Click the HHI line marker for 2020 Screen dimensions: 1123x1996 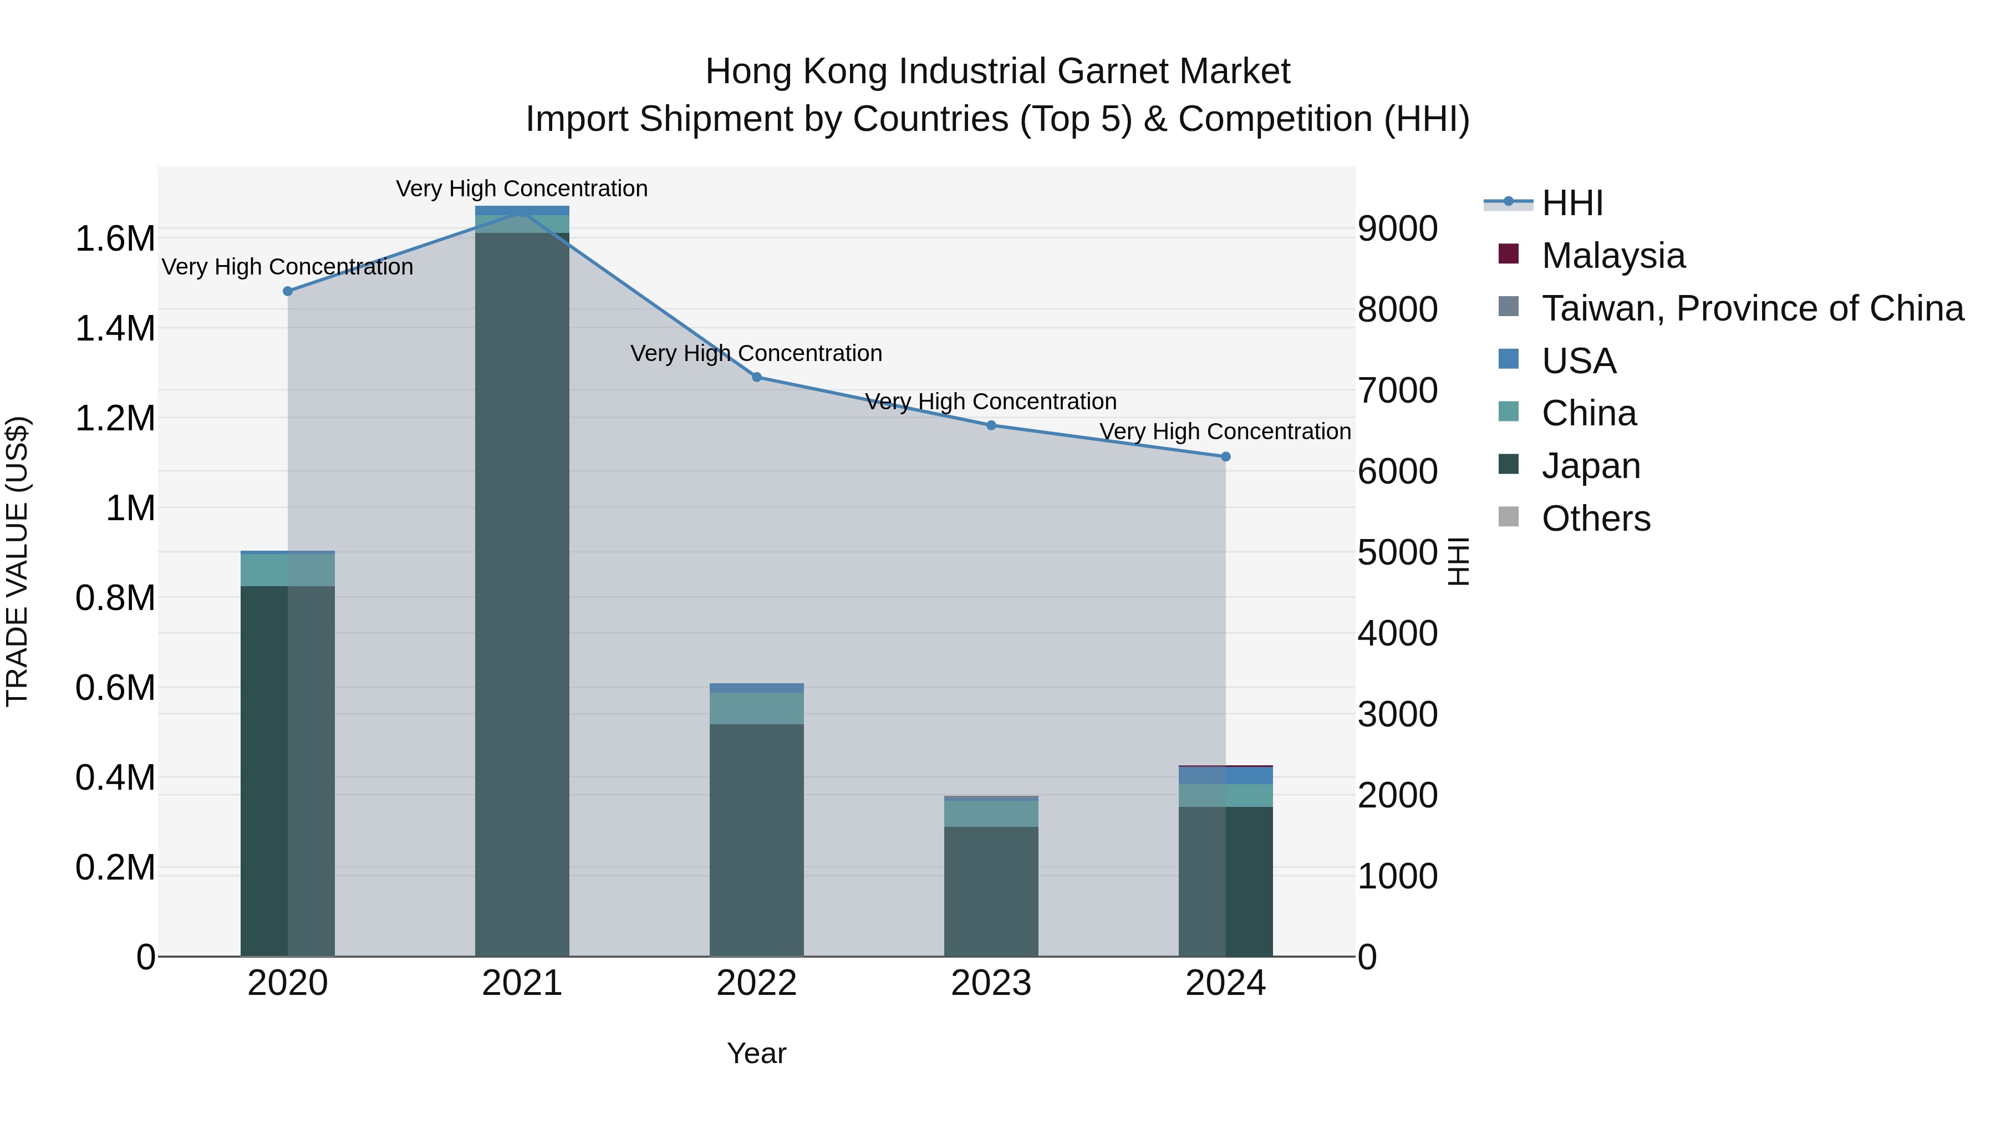click(x=287, y=291)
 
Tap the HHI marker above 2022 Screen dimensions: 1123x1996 click(x=757, y=378)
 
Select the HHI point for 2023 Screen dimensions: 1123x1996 click(x=991, y=425)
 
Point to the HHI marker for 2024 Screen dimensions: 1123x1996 click(x=1226, y=458)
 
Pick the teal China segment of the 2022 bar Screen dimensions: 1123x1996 click(x=756, y=708)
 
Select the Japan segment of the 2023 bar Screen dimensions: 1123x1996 click(x=991, y=891)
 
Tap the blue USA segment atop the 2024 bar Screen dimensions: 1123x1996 click(x=1226, y=775)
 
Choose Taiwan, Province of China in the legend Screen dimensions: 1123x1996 click(x=1752, y=308)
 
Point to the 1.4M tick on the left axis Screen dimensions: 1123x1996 click(x=115, y=329)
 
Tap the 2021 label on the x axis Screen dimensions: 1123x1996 click(x=522, y=983)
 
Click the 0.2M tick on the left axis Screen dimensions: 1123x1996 click(x=115, y=868)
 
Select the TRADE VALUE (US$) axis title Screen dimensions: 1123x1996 click(x=17, y=561)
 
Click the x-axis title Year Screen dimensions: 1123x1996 click(x=756, y=1053)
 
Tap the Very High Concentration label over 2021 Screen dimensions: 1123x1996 click(x=522, y=189)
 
